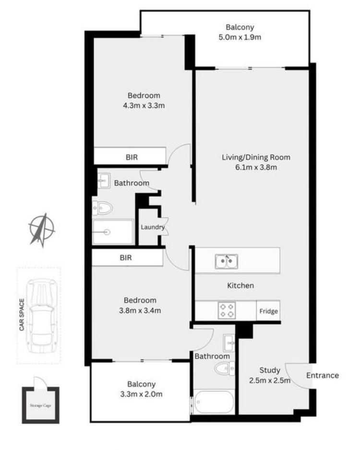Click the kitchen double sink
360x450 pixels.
coord(227,261)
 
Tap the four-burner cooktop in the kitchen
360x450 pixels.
coord(227,310)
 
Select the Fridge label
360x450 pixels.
coord(268,311)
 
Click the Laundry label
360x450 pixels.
coord(153,227)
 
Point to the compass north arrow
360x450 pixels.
coord(42,230)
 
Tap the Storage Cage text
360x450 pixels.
coord(40,405)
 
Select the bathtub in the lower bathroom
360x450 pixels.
coord(214,402)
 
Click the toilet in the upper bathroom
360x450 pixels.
coord(102,208)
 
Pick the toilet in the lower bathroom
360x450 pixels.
coord(225,368)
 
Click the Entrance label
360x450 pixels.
coord(323,375)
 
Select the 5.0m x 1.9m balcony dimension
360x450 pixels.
coord(240,37)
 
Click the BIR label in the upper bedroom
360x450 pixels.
coord(132,157)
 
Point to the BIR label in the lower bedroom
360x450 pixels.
coord(126,258)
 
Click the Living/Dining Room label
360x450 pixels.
coord(256,157)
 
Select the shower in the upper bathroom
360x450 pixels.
coord(113,232)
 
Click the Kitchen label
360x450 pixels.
coord(240,285)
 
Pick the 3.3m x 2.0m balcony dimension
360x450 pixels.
coord(142,394)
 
